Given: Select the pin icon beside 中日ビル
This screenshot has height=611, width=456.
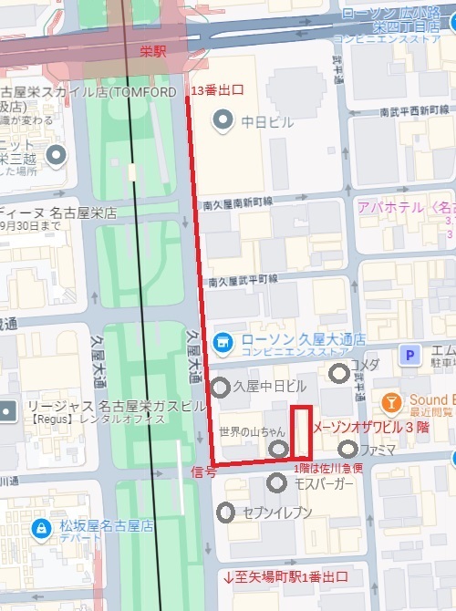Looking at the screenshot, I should [x=221, y=119].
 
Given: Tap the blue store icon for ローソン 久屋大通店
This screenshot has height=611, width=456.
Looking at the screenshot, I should [x=222, y=342].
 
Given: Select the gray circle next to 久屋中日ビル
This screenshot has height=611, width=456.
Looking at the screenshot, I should [x=221, y=388].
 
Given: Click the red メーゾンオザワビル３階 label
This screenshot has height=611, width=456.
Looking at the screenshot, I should [x=370, y=427].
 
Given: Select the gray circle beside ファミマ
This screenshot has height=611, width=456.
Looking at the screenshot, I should [x=347, y=449].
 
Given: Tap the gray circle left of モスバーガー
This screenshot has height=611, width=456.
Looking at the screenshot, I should [x=277, y=482].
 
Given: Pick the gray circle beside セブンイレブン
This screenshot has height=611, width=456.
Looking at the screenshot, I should [x=225, y=513].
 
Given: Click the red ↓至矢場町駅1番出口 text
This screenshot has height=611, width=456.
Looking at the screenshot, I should [x=285, y=578].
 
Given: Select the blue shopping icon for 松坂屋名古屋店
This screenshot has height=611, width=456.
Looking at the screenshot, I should [x=40, y=527].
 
